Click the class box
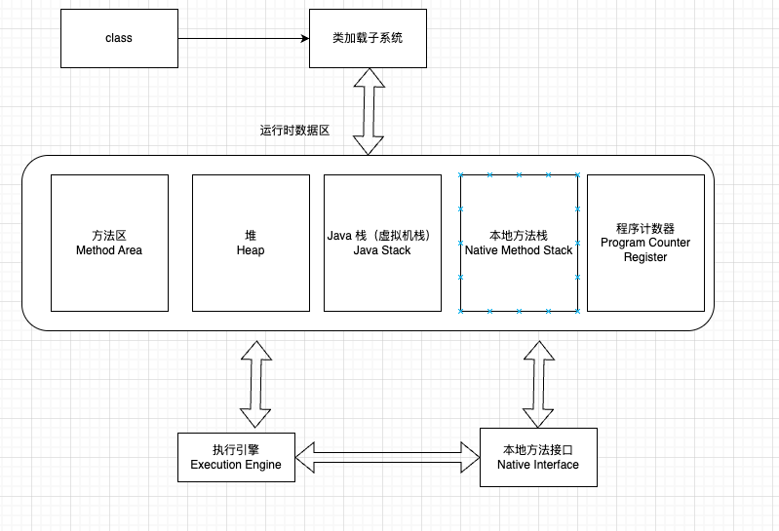(x=119, y=38)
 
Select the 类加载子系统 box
(x=368, y=38)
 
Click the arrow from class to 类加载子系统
(x=244, y=38)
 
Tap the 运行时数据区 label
(x=294, y=130)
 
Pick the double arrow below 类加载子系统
(x=368, y=111)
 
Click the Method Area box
(x=109, y=243)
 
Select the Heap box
(x=251, y=243)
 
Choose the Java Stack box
(x=382, y=243)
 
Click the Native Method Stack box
(x=519, y=243)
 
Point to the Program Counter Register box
(x=645, y=243)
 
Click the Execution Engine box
(x=236, y=457)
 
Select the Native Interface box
(x=538, y=457)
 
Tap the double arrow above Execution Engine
(x=255, y=384)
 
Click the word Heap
(x=251, y=250)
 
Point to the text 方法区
(x=109, y=236)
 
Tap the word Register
(x=645, y=257)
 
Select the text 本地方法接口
(x=538, y=450)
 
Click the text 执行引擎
(x=236, y=450)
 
